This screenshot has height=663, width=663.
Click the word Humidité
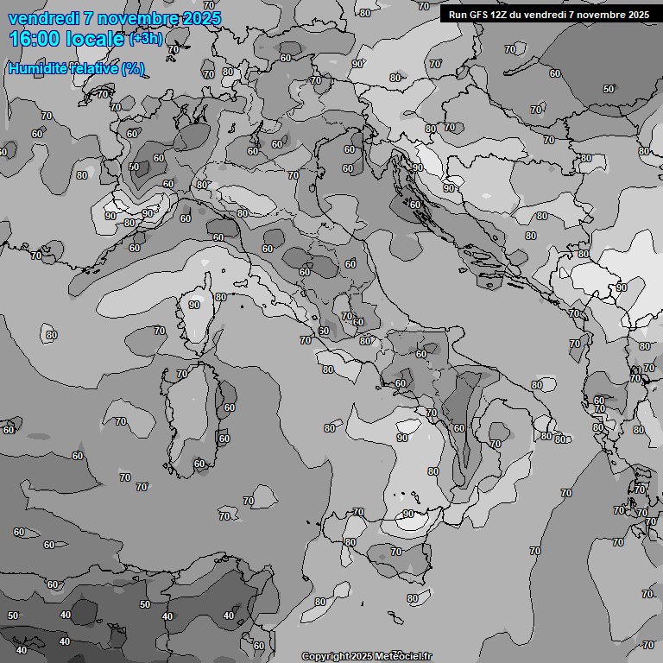click(x=35, y=68)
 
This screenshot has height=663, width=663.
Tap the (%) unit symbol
click(x=133, y=68)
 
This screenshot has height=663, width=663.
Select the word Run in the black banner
click(x=458, y=15)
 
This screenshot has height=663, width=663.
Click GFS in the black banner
click(x=478, y=15)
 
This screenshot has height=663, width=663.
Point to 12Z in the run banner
click(x=499, y=15)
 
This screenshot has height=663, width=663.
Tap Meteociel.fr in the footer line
click(x=402, y=657)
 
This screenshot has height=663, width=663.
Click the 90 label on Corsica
click(x=194, y=305)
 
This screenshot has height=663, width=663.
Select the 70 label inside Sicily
click(x=396, y=552)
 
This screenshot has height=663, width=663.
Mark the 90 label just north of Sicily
click(x=409, y=514)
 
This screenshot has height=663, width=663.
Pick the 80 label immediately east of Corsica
click(x=221, y=298)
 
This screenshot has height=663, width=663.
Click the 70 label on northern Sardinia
click(x=181, y=375)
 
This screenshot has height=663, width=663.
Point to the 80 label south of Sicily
click(x=412, y=598)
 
